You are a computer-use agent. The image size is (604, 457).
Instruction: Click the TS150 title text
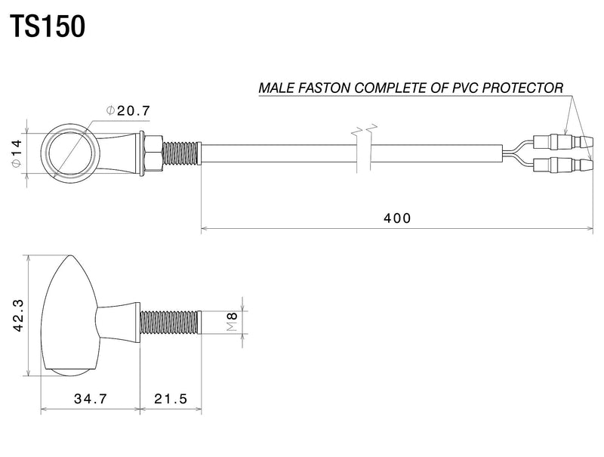pyautogui.click(x=47, y=27)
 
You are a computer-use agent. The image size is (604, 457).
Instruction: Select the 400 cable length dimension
pyautogui.click(x=397, y=218)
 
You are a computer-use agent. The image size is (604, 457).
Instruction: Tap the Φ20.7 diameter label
pyautogui.click(x=129, y=111)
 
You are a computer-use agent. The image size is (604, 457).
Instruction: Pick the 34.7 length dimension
pyautogui.click(x=89, y=399)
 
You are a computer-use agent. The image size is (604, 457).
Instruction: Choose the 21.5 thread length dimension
pyautogui.click(x=170, y=399)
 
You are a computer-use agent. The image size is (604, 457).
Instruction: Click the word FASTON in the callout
pyautogui.click(x=321, y=88)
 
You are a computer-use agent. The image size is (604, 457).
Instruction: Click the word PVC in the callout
pyautogui.click(x=463, y=88)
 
